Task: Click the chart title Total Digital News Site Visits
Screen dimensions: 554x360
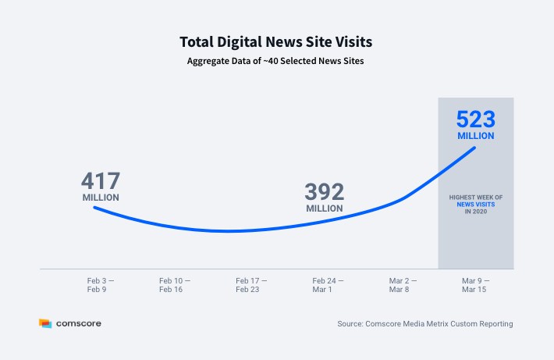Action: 276,42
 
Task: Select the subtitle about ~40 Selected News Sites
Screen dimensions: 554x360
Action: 275,61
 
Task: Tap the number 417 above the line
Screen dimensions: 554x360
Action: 101,180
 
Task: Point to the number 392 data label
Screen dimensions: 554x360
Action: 325,191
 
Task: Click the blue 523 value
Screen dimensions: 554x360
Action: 476,119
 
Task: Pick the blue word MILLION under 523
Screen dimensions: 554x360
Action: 476,136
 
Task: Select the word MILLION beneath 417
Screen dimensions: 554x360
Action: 101,198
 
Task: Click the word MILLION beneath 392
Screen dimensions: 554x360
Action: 325,209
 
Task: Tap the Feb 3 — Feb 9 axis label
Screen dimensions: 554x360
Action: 101,285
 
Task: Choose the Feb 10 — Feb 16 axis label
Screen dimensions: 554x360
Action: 175,285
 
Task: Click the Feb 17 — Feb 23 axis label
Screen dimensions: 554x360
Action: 251,285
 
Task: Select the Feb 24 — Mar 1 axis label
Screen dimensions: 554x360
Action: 328,285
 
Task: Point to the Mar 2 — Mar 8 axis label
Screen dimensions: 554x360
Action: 403,285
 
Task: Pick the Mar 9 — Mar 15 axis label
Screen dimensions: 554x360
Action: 475,285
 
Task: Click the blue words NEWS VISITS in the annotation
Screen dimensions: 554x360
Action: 476,205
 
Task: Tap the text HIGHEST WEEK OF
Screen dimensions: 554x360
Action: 476,198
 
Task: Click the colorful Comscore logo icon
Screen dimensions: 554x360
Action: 45,323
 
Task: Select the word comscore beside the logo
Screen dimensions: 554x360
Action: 79,323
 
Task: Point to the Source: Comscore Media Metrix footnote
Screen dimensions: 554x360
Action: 425,323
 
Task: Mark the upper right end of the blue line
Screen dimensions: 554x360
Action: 474,148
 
